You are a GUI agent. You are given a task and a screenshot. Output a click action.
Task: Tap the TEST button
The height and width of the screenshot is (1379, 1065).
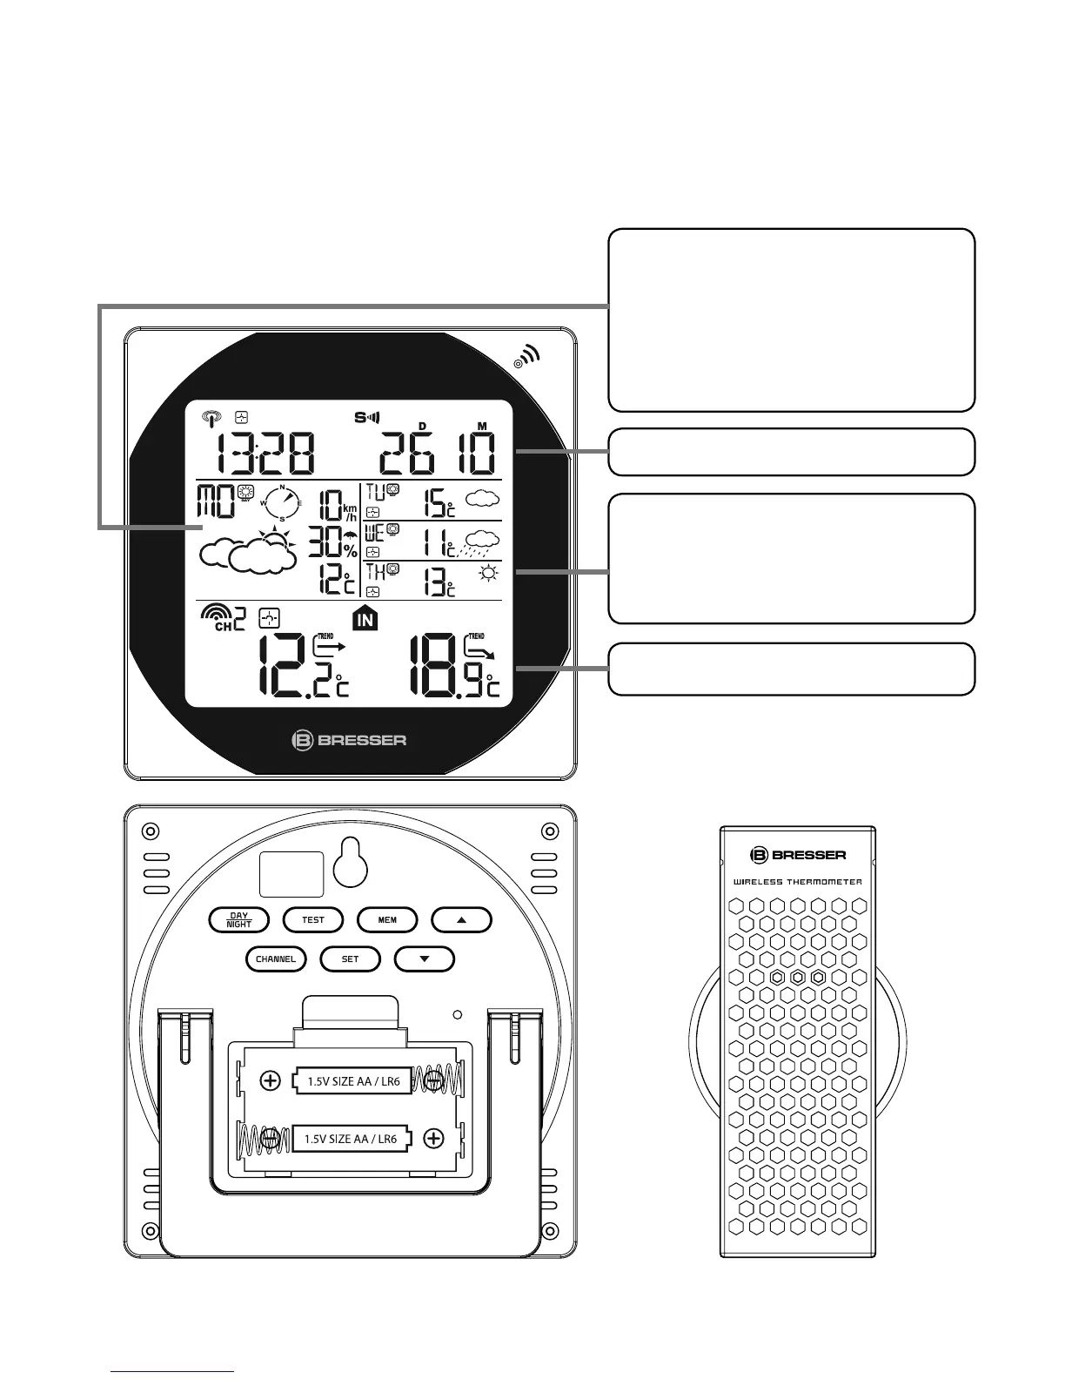click(313, 920)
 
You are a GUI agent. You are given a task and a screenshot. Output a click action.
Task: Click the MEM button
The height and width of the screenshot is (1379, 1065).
click(387, 920)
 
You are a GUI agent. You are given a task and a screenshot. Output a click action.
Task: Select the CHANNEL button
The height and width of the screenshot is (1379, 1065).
click(276, 959)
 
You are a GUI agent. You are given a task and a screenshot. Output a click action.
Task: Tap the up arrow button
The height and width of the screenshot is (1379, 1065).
click(462, 920)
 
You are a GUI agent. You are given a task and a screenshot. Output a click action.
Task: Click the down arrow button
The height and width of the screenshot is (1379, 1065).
click(425, 959)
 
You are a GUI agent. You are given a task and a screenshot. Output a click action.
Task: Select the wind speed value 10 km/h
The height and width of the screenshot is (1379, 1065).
click(337, 506)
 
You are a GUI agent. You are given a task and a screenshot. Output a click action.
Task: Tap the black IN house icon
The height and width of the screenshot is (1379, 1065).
click(365, 619)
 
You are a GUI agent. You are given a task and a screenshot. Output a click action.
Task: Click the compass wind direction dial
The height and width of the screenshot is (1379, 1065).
click(282, 503)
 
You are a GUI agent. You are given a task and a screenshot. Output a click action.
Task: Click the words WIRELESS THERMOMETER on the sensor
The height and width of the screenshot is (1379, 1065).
click(797, 882)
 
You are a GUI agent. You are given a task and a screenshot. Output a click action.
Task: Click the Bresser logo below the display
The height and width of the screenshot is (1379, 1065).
click(349, 741)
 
